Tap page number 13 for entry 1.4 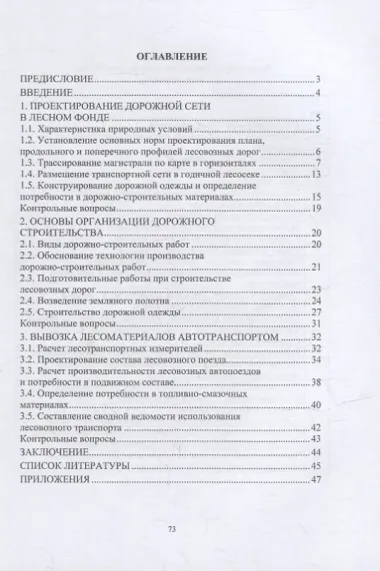pyautogui.click(x=313, y=174)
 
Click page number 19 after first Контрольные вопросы pyautogui.click(x=313, y=208)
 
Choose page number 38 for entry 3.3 pyautogui.click(x=313, y=382)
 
